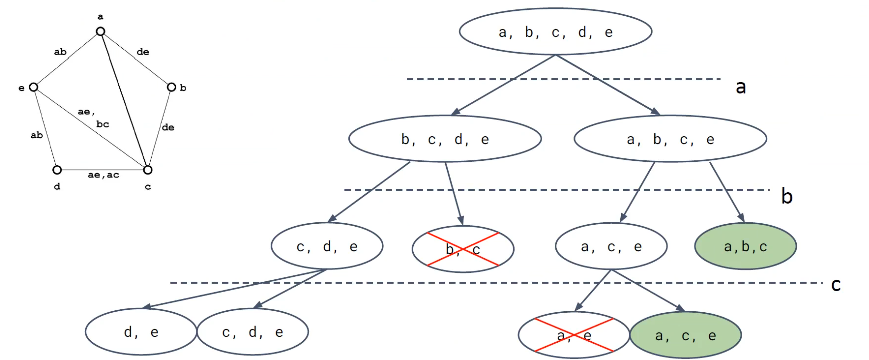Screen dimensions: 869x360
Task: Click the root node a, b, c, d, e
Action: click(x=555, y=32)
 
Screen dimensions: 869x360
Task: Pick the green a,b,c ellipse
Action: click(x=745, y=246)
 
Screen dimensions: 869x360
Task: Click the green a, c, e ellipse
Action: click(x=686, y=335)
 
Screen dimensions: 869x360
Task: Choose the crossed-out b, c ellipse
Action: click(x=463, y=249)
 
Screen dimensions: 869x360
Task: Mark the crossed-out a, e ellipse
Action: click(x=574, y=335)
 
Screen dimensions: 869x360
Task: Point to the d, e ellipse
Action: click(x=141, y=332)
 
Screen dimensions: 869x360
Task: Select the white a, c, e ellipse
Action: click(x=611, y=246)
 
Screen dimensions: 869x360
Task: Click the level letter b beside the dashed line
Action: click(x=786, y=196)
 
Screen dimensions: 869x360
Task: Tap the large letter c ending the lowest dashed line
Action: click(x=836, y=285)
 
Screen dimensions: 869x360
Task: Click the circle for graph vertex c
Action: click(x=147, y=169)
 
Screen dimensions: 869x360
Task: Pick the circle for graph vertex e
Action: click(x=33, y=87)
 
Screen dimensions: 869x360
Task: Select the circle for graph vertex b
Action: click(x=171, y=87)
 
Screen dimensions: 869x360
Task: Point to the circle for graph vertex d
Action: click(x=56, y=169)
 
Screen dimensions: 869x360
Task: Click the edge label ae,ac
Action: click(x=104, y=174)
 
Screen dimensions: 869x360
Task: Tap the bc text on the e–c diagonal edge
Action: click(x=103, y=124)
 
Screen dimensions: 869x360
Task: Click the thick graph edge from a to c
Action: click(x=124, y=100)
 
